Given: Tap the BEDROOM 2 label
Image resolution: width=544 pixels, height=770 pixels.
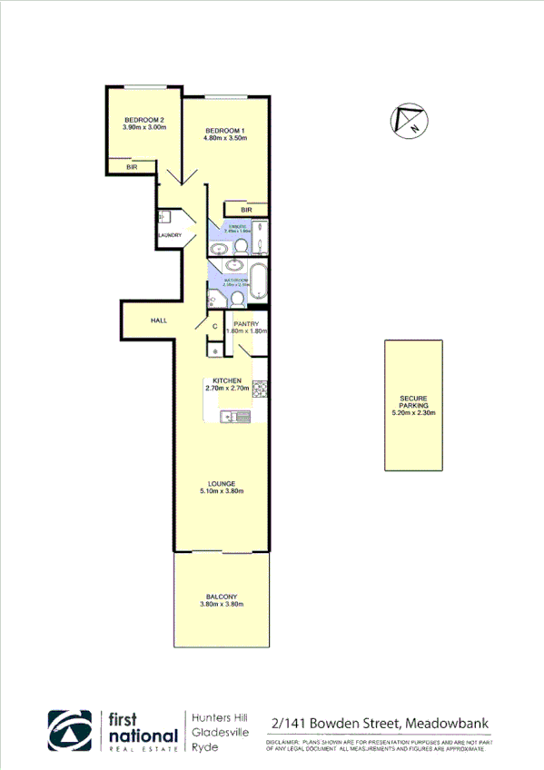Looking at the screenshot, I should point(143,120).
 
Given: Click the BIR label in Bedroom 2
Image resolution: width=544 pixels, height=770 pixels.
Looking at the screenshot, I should point(132,167).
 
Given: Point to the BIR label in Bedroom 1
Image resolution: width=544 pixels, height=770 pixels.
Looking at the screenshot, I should point(246,210).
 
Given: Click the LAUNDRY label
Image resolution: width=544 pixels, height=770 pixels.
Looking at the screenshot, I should point(169,236).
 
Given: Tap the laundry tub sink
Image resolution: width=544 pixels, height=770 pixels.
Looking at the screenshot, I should point(165,217).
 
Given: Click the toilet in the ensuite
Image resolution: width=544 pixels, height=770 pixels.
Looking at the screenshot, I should point(228,244).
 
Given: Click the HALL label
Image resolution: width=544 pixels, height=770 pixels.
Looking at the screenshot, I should point(159,321).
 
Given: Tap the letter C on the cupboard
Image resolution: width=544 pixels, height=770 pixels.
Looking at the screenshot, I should point(215,325).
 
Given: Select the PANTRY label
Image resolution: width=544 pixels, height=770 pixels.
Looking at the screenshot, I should point(247,323).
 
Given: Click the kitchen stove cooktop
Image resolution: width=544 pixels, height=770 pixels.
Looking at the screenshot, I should point(258,389).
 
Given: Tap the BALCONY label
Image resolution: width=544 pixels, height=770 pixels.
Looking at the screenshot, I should point(221,596).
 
